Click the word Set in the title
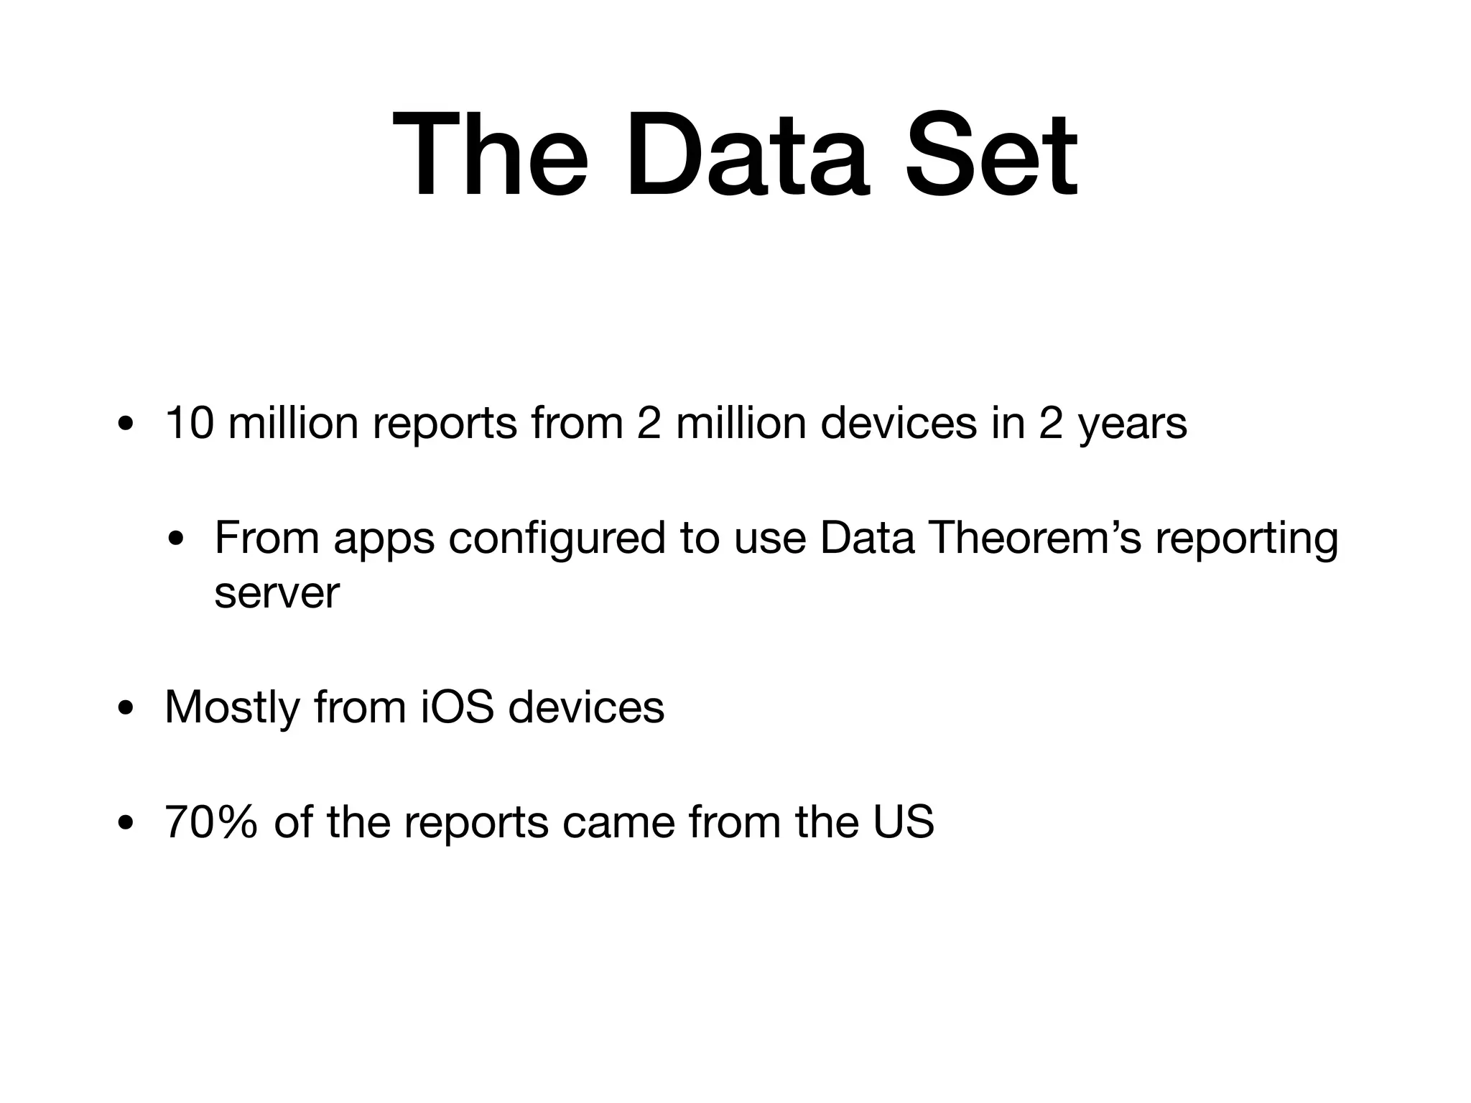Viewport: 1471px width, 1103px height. click(x=990, y=156)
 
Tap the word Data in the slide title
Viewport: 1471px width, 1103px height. click(x=747, y=156)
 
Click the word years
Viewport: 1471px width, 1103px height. click(x=1133, y=424)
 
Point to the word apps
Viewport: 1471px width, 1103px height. click(x=384, y=539)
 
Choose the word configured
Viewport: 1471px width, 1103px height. click(x=557, y=539)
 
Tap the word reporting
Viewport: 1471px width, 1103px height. click(x=1247, y=539)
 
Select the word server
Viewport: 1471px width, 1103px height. click(x=277, y=595)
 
